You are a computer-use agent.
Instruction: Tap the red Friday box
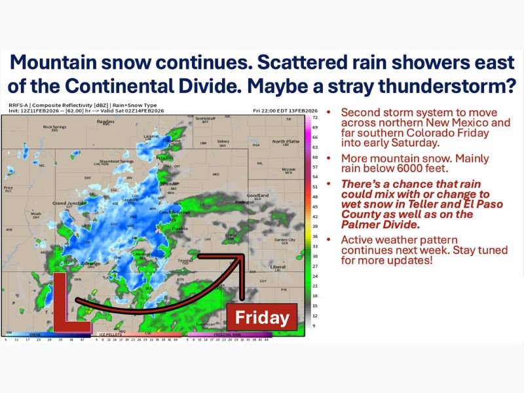click(262, 318)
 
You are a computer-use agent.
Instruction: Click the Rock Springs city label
click(55, 127)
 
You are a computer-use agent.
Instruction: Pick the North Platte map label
click(286, 141)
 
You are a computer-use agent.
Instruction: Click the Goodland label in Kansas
click(258, 196)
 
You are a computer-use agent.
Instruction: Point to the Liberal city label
click(279, 267)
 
